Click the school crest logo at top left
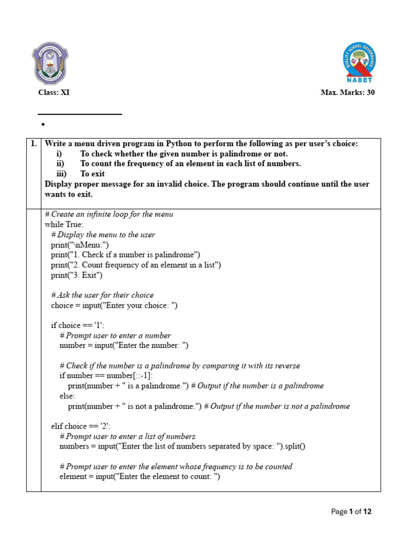[x=51, y=64]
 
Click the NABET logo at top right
[x=359, y=63]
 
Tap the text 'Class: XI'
[x=54, y=93]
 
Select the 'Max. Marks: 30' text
[x=347, y=93]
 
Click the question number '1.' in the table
[x=33, y=143]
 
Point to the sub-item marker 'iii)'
[x=62, y=174]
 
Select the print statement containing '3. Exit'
[x=77, y=275]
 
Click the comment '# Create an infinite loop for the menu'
[x=109, y=214]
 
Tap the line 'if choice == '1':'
[x=77, y=325]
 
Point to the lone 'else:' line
[x=67, y=396]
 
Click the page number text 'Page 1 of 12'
[x=351, y=512]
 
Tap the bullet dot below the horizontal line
[x=42, y=125]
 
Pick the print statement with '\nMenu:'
[x=80, y=245]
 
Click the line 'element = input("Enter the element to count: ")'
[x=140, y=477]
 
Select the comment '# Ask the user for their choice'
[x=102, y=295]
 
